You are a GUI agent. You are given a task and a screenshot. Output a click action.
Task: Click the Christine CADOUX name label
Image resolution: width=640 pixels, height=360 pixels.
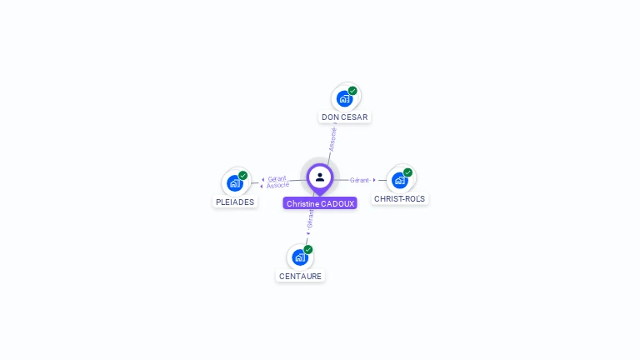[x=320, y=203]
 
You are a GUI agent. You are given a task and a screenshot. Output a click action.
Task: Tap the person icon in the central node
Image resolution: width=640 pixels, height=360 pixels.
[x=320, y=177]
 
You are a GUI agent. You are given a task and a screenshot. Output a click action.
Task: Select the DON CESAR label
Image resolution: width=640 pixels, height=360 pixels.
[x=344, y=117]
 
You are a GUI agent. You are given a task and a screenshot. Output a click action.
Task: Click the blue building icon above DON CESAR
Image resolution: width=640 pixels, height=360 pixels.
[x=344, y=99]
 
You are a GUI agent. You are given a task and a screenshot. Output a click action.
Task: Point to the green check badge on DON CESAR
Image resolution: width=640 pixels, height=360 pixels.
[x=352, y=91]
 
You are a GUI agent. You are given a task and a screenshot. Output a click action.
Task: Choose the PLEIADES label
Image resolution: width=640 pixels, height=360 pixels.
[x=235, y=202]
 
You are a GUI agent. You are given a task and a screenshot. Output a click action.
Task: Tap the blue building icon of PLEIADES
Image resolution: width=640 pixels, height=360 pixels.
[x=235, y=183]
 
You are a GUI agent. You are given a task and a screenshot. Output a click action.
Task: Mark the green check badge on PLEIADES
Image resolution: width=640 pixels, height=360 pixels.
[x=243, y=176]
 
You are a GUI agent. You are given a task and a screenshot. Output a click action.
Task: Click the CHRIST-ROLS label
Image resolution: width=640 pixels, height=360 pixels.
[x=400, y=199]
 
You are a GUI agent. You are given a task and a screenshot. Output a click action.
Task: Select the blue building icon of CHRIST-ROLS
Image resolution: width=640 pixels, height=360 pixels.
[x=400, y=180]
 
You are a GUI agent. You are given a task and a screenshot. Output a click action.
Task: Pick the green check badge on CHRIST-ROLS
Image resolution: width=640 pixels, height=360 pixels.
[x=408, y=172]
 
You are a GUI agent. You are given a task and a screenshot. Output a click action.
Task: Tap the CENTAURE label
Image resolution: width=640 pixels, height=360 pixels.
[x=300, y=276]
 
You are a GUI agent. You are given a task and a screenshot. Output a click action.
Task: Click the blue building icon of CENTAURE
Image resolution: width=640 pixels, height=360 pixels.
[x=300, y=257]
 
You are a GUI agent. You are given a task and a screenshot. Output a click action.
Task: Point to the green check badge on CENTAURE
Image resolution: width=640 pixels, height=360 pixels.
[x=308, y=249]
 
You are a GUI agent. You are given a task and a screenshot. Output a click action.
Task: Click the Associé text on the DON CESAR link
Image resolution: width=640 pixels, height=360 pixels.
[x=332, y=138]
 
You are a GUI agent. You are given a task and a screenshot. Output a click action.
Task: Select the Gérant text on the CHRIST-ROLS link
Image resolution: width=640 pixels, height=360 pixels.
[x=360, y=180]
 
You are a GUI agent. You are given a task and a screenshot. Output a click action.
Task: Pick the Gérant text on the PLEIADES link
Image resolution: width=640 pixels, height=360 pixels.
[x=277, y=178]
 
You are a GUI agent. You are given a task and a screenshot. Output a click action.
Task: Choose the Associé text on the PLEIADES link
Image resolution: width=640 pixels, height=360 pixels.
[x=278, y=185]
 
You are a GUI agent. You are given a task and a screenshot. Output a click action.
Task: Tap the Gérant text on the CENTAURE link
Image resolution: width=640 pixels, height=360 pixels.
[x=310, y=218]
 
